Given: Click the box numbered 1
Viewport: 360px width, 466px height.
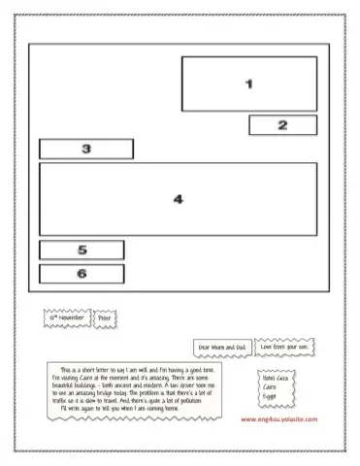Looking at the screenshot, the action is pos(248,83).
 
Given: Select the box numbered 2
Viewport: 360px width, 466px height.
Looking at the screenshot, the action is pos(282,125).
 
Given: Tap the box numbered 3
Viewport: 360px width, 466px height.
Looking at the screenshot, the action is pos(86,150).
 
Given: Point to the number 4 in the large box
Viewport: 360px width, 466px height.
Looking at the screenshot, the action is pos(178,199).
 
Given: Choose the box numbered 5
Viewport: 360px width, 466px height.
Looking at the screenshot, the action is pos(82,250).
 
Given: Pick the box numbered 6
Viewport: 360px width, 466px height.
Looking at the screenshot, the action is pos(82,274).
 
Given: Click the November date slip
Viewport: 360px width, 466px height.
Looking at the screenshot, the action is pos(68,317).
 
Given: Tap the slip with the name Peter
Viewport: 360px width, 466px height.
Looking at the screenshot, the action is pos(105,317).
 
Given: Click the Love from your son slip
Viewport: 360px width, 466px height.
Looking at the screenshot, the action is pos(289,346).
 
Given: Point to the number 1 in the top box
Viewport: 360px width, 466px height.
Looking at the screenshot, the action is pos(248,83).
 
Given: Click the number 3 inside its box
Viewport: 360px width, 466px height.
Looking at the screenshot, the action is pos(86,150).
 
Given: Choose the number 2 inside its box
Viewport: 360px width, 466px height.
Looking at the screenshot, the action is pos(282,125).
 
